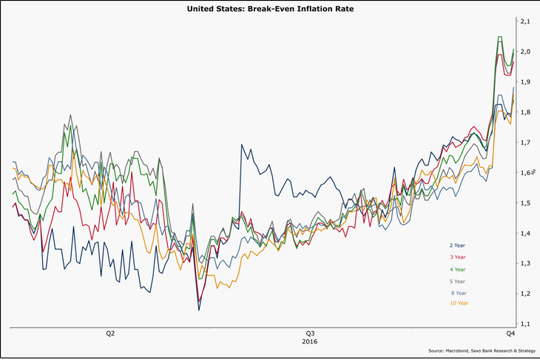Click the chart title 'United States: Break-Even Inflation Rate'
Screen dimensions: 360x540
(270, 9)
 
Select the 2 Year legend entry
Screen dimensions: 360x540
(457, 245)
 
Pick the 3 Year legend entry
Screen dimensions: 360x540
(457, 257)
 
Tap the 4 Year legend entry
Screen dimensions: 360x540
(457, 269)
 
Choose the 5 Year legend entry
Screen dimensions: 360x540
(457, 281)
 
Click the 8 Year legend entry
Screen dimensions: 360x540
(457, 293)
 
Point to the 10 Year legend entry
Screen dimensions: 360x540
(459, 303)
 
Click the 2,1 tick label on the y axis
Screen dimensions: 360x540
(524, 21)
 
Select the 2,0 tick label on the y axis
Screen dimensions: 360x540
(524, 52)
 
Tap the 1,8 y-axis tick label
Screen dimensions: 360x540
(524, 112)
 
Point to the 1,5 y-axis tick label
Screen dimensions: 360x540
(524, 203)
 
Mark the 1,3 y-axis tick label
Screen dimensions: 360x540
(524, 264)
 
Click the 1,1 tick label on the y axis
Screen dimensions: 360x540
(524, 325)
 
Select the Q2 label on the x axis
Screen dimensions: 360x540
(109, 333)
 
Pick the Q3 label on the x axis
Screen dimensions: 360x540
(310, 333)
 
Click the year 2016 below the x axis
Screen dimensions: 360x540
(310, 342)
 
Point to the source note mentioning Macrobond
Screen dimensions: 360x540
(480, 350)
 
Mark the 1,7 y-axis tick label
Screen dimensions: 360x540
(524, 143)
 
